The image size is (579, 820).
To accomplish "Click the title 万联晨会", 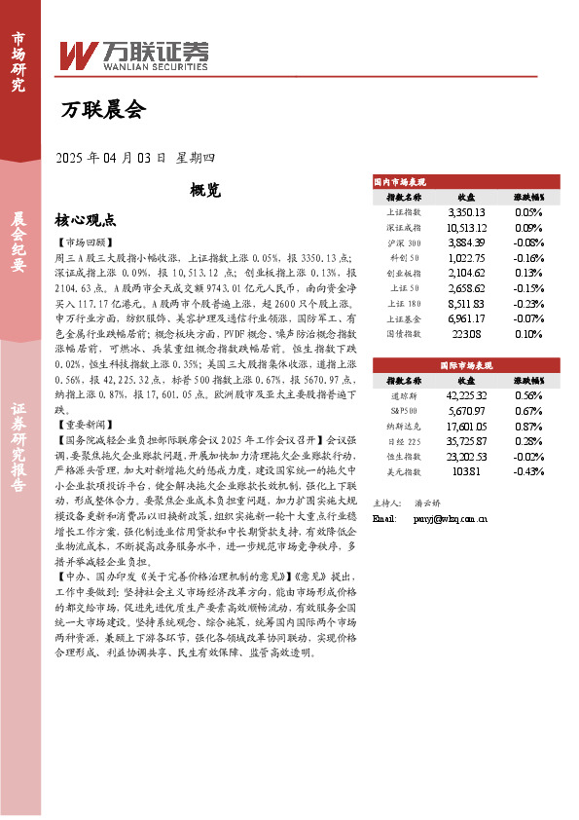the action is click(102, 109).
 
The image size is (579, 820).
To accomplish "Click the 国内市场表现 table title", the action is click(402, 181).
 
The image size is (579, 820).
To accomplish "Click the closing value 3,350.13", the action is click(466, 211).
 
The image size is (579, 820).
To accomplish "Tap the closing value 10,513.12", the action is click(466, 226).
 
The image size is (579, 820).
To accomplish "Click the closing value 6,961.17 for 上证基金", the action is click(466, 318).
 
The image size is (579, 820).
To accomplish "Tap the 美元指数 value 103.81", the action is click(466, 470).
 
